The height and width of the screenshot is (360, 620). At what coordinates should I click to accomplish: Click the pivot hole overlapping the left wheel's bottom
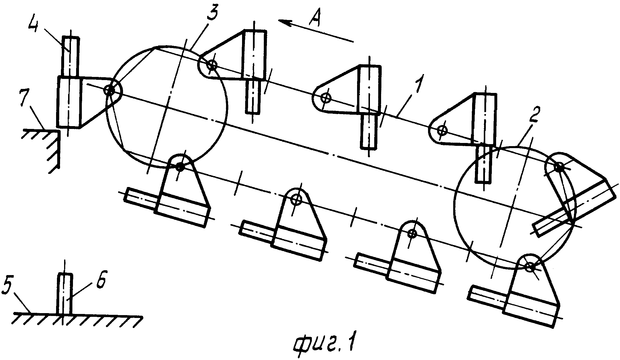[179, 167]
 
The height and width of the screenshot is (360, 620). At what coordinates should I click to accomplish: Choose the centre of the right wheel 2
[514, 207]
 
